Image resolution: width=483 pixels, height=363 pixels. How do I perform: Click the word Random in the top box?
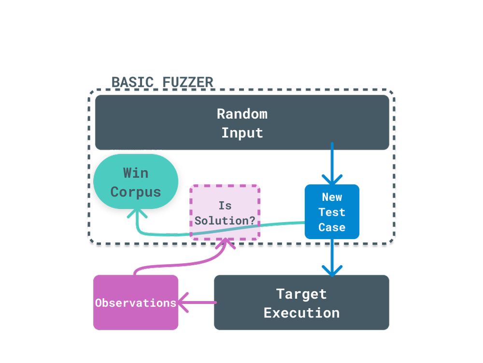(x=242, y=114)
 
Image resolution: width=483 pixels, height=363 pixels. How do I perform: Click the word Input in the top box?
(x=242, y=133)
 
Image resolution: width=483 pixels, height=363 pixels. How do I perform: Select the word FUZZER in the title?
(x=188, y=82)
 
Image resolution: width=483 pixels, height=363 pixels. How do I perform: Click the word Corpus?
(x=136, y=192)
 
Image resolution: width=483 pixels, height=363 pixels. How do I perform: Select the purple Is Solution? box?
(x=225, y=212)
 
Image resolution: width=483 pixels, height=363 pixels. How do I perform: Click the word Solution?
(x=225, y=220)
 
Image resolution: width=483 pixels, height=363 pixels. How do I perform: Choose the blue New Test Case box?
(x=332, y=212)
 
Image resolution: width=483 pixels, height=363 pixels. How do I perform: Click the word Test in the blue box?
(x=332, y=212)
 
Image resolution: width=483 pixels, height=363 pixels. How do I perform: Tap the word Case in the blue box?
(x=332, y=227)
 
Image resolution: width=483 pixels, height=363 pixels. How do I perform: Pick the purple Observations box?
(x=136, y=303)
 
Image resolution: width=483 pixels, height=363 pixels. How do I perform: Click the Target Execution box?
(x=301, y=303)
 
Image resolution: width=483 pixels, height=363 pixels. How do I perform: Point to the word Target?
(x=301, y=294)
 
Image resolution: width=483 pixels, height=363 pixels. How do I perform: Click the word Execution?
(x=301, y=313)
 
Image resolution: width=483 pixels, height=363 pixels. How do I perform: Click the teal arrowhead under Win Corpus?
(x=137, y=213)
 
